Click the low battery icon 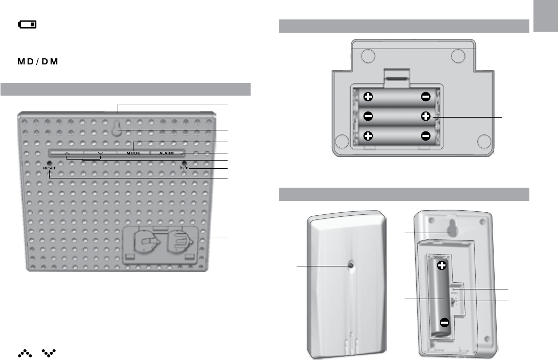point(28,25)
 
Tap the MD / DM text point(39,62)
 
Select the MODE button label point(133,153)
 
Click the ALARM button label point(166,153)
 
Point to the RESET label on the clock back point(49,167)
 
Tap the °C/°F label point(184,167)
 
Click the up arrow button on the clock point(67,153)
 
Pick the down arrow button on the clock point(101,153)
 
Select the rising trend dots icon point(25,353)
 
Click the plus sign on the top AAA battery point(368,97)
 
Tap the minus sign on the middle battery point(368,117)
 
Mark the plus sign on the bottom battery point(368,137)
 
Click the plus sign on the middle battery point(426,117)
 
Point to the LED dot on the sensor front point(351,266)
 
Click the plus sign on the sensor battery point(442,265)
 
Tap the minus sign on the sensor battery point(445,323)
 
